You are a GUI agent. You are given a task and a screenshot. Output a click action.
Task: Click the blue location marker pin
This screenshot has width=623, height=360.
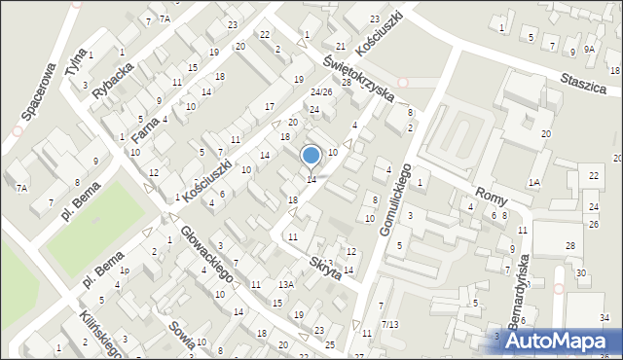point(311,156)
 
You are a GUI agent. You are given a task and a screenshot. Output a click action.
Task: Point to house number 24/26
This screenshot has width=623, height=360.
point(321,92)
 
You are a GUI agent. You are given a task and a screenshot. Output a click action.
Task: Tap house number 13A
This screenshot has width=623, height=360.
point(284,285)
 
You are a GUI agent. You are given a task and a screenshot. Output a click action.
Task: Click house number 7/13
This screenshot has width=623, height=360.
point(389,324)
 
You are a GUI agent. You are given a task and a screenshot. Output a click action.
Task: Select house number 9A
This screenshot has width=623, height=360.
point(589,49)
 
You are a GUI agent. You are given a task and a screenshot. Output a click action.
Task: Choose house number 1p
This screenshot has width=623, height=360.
point(124,270)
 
